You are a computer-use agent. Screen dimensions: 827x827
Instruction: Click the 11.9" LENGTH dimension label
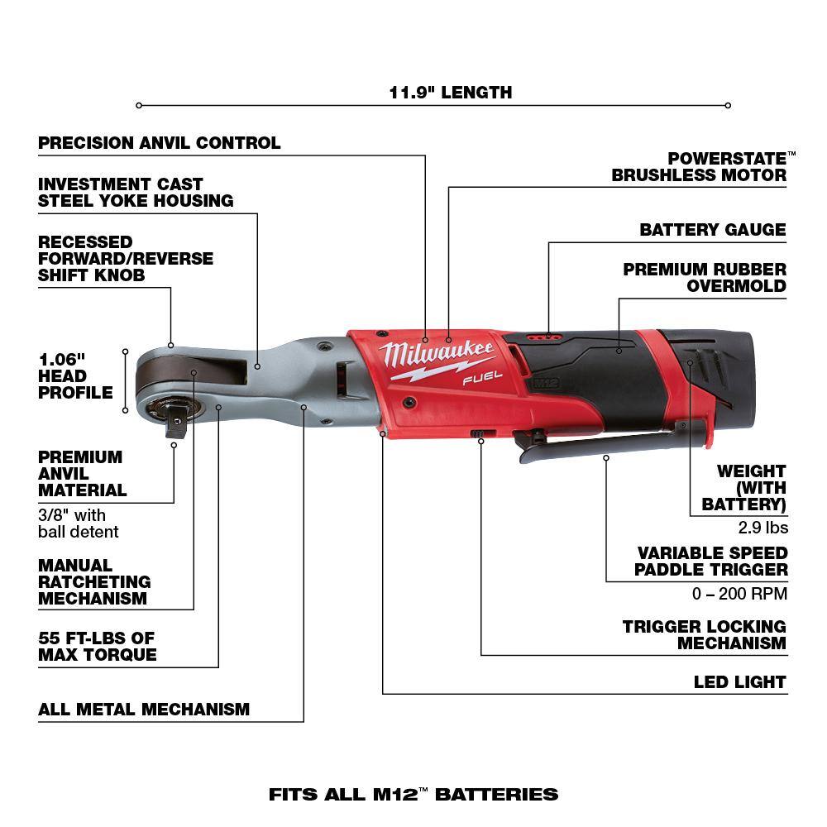pyautogui.click(x=451, y=92)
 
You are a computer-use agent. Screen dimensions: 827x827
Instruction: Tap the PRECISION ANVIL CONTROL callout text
pyautogui.click(x=160, y=143)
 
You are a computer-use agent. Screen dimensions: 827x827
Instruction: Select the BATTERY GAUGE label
pyautogui.click(x=712, y=230)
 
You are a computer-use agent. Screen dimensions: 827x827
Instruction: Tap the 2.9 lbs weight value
pyautogui.click(x=762, y=528)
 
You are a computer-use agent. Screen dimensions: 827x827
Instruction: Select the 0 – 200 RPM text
pyautogui.click(x=739, y=593)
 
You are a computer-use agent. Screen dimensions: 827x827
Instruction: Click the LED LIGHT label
pyautogui.click(x=739, y=682)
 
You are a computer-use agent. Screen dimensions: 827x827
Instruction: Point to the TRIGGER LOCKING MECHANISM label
pyautogui.click(x=704, y=635)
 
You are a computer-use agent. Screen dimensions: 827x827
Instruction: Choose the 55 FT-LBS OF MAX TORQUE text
pyautogui.click(x=97, y=647)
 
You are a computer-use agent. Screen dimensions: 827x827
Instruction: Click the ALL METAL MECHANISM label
pyautogui.click(x=144, y=710)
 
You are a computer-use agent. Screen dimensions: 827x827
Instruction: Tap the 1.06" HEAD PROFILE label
pyautogui.click(x=75, y=375)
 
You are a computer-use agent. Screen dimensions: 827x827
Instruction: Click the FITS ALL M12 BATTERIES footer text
pyautogui.click(x=413, y=795)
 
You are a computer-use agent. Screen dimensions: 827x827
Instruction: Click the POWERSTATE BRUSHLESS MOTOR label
pyautogui.click(x=699, y=166)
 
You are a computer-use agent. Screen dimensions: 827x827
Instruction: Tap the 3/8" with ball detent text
pyautogui.click(x=79, y=523)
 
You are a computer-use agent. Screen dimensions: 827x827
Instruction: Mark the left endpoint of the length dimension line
pyautogui.click(x=139, y=105)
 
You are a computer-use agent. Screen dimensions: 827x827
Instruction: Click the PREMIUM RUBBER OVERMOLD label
pyautogui.click(x=705, y=278)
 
